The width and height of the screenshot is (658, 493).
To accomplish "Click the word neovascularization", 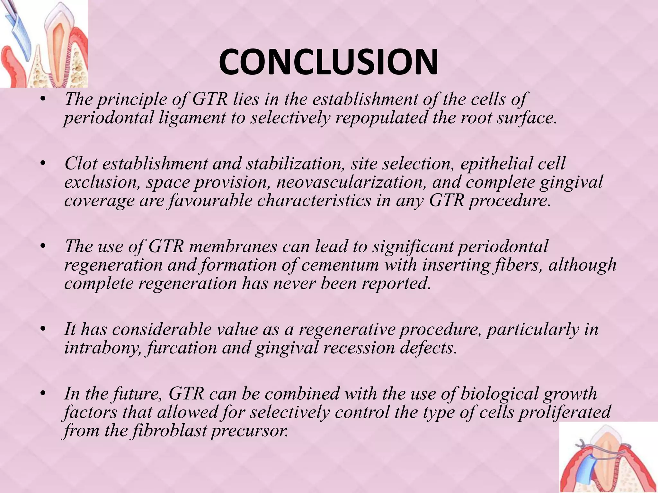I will [x=351, y=182].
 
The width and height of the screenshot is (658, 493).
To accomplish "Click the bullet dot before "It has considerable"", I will [x=43, y=330].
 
